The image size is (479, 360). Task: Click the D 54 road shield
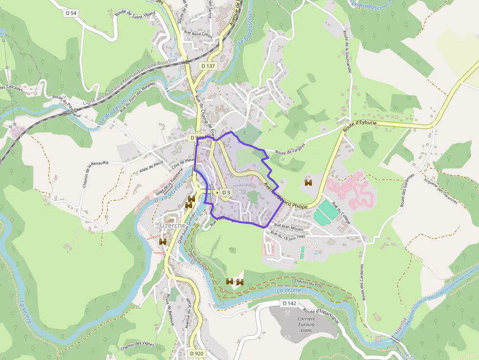pyautogui.click(x=71, y=13)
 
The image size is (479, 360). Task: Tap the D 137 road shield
pyautogui.click(x=208, y=66)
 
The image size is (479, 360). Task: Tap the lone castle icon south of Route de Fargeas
pyautogui.click(x=308, y=183)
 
